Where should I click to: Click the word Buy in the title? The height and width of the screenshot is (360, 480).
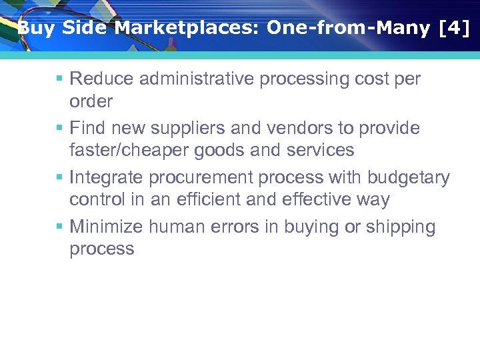(34, 28)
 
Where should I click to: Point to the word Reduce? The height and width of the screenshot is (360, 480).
(101, 79)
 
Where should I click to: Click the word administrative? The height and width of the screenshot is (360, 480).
(195, 79)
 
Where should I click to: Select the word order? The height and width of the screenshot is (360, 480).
(91, 101)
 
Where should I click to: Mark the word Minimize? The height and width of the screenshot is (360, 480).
(106, 227)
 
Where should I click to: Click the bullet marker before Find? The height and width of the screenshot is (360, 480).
(59, 128)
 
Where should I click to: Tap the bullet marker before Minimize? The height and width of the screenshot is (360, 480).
(59, 227)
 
